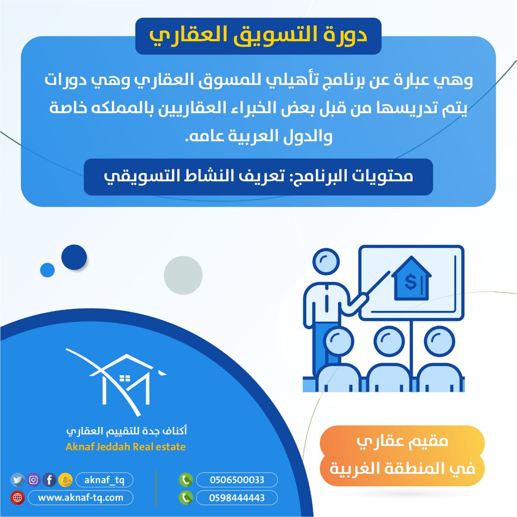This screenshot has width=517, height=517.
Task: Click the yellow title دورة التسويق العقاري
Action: tap(258, 36)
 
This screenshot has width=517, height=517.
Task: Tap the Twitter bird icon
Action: tap(17, 480)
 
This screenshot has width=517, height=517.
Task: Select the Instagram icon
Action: tap(34, 480)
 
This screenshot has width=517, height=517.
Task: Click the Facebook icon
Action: tap(49, 480)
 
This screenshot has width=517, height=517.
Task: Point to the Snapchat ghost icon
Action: tap(65, 480)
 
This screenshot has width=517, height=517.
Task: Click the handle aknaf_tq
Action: tap(104, 480)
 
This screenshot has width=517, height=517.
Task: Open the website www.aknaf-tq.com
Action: tap(80, 498)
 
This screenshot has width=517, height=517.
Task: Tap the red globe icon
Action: tap(17, 498)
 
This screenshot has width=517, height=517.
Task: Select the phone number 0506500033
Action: tap(237, 480)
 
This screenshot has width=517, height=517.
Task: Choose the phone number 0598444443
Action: tap(237, 498)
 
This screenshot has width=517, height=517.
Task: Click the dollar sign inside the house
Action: tap(410, 282)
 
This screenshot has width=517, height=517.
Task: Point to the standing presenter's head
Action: tap(326, 262)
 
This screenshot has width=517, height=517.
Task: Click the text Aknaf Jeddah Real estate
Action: tap(126, 447)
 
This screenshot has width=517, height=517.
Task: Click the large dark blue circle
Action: tap(74, 257)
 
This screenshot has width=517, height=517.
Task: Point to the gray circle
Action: tap(183, 275)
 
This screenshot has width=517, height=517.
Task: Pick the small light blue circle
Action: tap(47, 270)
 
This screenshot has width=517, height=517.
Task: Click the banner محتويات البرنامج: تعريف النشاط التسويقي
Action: tap(258, 177)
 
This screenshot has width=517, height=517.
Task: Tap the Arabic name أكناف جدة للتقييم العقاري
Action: tap(127, 431)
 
